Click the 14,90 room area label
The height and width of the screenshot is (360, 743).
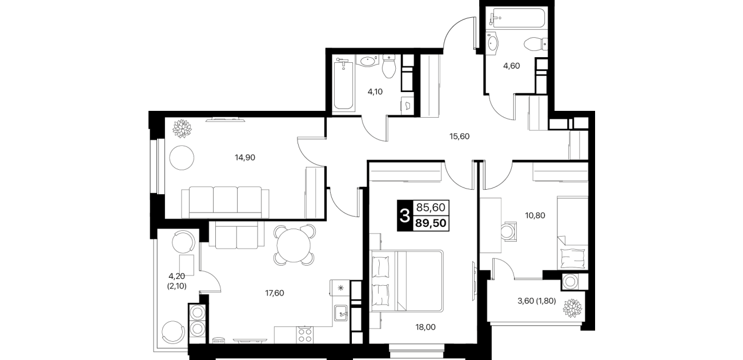point(245,158)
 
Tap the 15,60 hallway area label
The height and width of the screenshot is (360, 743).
point(459,137)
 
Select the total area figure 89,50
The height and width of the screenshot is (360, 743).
point(431,223)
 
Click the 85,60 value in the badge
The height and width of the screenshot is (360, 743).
point(431,207)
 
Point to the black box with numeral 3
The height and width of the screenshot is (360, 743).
point(405,215)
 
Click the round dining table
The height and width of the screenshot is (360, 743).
point(294,246)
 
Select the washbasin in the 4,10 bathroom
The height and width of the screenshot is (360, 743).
point(367,61)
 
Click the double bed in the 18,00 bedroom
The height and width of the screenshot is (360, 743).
point(407,281)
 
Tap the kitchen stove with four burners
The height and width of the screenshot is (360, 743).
point(305,335)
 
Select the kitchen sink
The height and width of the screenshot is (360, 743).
point(340,313)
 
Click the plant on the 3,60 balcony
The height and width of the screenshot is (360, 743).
point(572,308)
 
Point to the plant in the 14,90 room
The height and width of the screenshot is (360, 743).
point(182,129)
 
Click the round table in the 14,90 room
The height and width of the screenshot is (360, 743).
point(182,158)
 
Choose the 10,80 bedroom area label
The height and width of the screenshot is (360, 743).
point(535,215)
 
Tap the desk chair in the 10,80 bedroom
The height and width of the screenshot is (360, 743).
point(508,231)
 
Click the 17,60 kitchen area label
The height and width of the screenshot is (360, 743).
point(275,293)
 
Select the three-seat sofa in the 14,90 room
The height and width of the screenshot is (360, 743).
point(225,202)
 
